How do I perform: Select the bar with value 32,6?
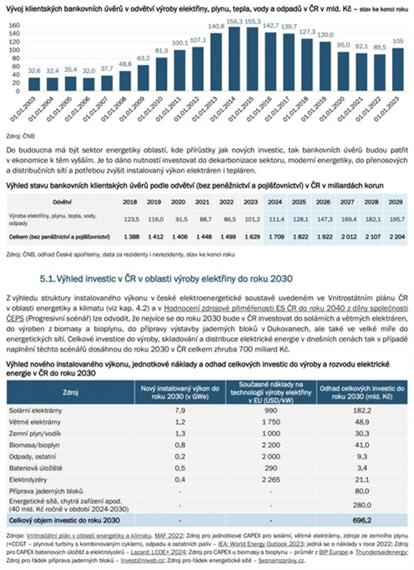pos(34,84)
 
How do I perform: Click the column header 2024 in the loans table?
pos(276,201)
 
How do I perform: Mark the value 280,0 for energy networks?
pos(365,505)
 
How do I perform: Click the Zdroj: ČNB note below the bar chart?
pos(19,137)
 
